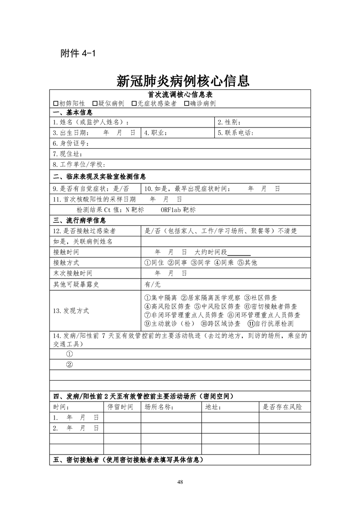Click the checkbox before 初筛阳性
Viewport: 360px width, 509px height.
(56, 103)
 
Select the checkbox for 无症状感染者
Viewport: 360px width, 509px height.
(134, 103)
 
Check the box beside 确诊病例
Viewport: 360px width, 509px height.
(187, 103)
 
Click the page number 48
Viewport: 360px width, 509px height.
(180, 481)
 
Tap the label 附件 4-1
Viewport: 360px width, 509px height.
(78, 53)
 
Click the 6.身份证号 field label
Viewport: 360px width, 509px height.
(69, 143)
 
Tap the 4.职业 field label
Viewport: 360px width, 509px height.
(156, 133)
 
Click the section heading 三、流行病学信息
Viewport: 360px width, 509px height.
(79, 220)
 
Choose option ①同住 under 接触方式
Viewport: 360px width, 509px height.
(155, 263)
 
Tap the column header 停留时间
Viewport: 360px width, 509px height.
(120, 407)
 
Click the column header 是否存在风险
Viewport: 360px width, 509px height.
(282, 407)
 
